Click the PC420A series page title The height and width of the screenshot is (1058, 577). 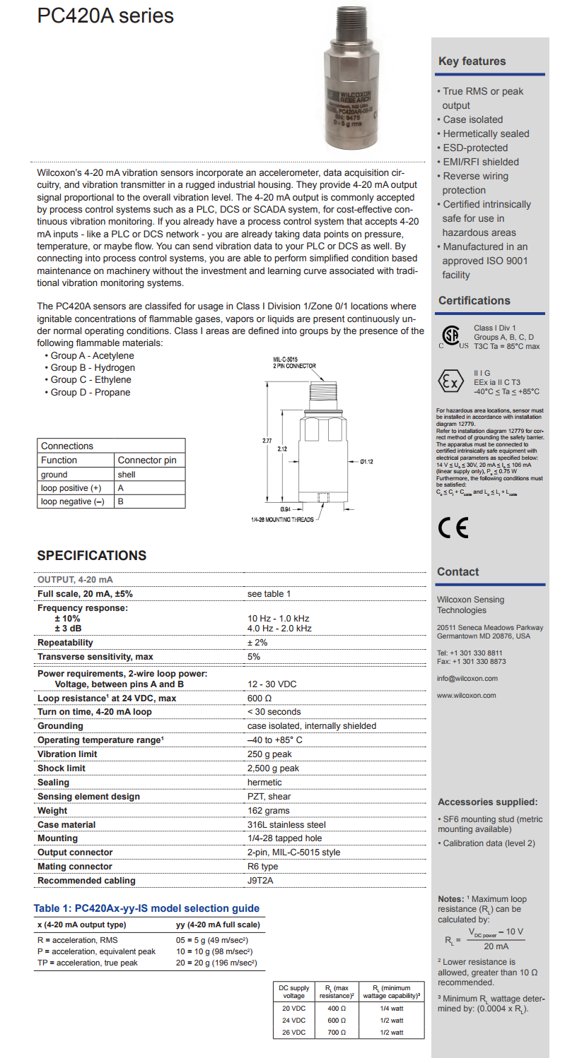pos(105,16)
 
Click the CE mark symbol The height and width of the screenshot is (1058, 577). pos(453,528)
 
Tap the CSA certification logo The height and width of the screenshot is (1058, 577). pos(450,336)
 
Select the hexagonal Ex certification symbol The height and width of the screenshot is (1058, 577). pos(450,382)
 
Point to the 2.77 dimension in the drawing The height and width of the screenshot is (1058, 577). pos(267,441)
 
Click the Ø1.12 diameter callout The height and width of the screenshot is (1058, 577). pos(366,462)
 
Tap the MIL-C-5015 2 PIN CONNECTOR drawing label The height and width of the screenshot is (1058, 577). pos(294,363)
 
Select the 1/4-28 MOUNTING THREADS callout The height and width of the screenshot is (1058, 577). pos(281,520)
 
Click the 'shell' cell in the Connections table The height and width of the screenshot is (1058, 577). pos(127,475)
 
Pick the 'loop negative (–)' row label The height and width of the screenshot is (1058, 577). pos(72,501)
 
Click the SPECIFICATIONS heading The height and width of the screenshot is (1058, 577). pos(92,556)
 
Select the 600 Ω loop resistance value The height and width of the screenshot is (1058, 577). pos(255,698)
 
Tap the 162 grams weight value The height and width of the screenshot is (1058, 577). pos(268,811)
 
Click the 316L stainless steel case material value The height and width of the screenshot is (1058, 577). pos(286,824)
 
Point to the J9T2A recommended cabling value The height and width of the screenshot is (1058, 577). pos(260,881)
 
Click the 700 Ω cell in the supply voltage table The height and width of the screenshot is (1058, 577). pos(336,1032)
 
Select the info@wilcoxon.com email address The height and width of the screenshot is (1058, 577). pos(467,679)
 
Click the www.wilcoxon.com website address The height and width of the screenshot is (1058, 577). pos(466,696)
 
